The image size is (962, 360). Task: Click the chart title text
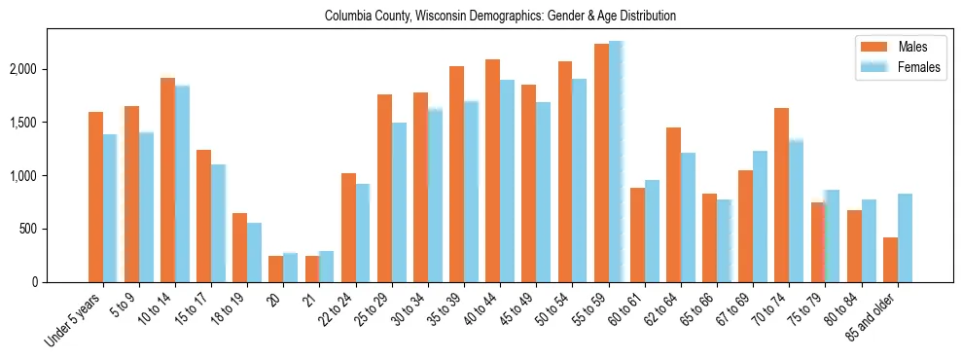(500, 16)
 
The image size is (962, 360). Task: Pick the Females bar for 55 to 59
(617, 162)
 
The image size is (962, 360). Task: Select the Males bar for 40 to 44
(493, 170)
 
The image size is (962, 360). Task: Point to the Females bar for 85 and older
(906, 237)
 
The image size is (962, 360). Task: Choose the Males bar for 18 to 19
(239, 247)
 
